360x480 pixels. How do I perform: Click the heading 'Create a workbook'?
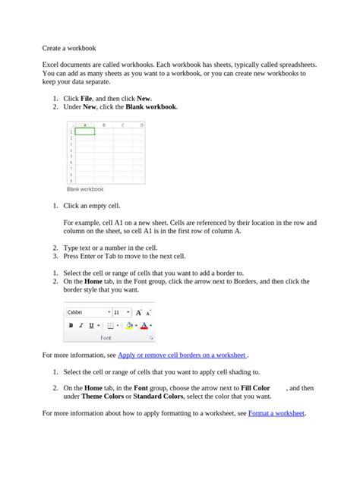68,47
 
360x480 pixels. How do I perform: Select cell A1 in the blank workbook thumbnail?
84,131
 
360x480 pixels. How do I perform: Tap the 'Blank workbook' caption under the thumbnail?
85,189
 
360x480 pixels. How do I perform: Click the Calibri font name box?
86,312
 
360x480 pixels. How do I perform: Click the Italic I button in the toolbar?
81,325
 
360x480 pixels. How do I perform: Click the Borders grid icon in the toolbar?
109,325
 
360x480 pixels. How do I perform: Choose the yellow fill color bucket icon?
128,325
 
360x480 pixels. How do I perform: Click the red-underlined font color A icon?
144,325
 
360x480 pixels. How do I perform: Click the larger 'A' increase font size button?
138,312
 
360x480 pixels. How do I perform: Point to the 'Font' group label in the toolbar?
106,337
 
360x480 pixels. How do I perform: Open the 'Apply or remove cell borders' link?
182,355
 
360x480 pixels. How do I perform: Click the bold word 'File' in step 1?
86,99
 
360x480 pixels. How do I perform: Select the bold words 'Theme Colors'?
103,396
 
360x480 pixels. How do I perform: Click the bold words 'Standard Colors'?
159,396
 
